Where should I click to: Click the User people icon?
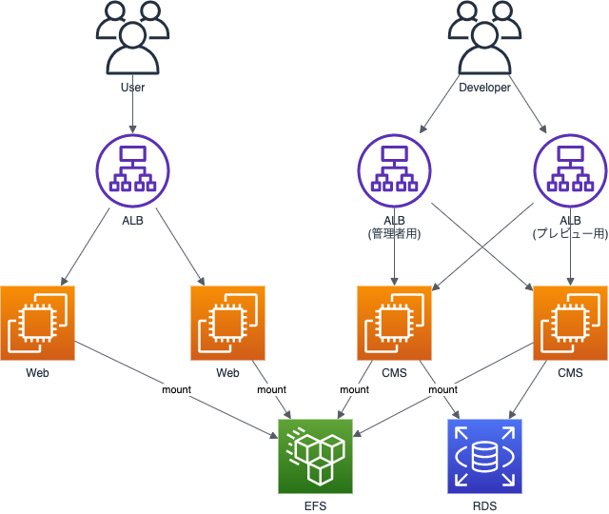132,38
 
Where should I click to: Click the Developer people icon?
484,38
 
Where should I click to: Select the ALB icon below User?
132,170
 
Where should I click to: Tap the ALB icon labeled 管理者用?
394,170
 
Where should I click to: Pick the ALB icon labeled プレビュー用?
570,170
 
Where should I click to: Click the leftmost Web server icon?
37,324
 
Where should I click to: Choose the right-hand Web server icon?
227,324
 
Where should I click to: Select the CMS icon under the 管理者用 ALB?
394,324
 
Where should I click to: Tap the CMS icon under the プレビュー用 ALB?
570,324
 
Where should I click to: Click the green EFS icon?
315,457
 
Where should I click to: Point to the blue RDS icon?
484,457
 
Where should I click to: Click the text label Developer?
484,88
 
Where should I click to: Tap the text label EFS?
315,505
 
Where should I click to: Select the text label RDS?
484,505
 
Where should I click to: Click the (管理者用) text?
394,234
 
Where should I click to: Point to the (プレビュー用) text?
570,234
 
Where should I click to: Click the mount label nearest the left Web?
176,389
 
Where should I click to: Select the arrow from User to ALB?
132,103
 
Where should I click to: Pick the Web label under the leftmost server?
37,372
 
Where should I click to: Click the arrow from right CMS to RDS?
528,389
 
